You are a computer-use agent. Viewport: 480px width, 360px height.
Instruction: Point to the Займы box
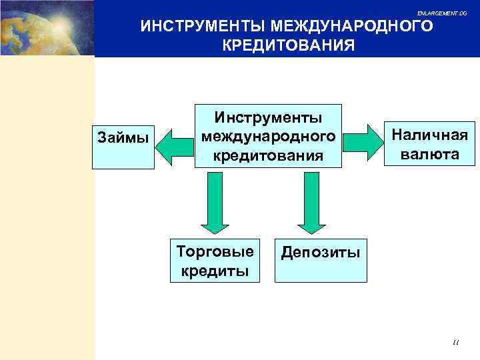[123, 138]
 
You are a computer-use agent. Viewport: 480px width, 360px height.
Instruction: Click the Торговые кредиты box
[215, 261]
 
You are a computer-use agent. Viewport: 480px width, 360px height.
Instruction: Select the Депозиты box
[321, 258]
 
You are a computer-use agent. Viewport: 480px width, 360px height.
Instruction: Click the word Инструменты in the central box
[268, 117]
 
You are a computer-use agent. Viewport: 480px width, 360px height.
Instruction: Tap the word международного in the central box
[268, 136]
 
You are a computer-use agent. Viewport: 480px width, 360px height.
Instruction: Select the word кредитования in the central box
[268, 155]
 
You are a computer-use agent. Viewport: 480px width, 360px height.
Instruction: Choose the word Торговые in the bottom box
[215, 252]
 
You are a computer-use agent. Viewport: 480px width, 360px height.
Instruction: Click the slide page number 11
[455, 342]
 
